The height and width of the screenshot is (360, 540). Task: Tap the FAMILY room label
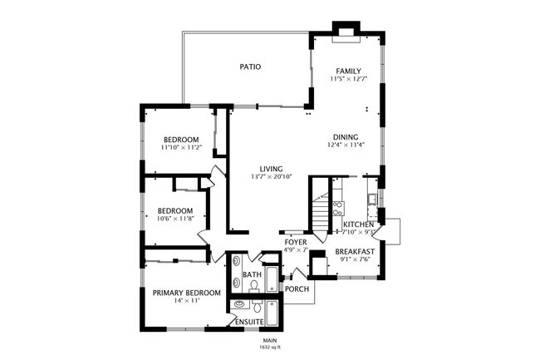[x=348, y=71]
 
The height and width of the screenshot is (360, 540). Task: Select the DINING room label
[x=346, y=137]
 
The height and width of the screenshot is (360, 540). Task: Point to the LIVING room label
[x=272, y=167]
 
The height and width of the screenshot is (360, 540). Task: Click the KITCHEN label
[x=358, y=224]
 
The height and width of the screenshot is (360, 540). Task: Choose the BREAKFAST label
[x=356, y=250]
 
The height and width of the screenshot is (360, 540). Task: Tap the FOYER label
[x=297, y=242]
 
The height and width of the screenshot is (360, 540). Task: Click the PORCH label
[x=297, y=288]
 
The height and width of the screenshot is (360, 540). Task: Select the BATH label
[x=252, y=274]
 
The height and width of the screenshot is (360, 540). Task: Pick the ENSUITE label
[x=249, y=321]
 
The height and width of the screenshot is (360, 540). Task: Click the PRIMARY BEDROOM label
[x=186, y=292]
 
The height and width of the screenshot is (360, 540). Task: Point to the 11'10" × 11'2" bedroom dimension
[x=180, y=147]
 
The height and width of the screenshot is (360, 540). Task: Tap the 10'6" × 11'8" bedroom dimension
[x=175, y=219]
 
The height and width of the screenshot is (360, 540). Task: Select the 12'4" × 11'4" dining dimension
[x=346, y=145]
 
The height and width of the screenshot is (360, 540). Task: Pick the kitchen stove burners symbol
[x=338, y=207]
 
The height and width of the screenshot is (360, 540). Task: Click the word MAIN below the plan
[x=269, y=339]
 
